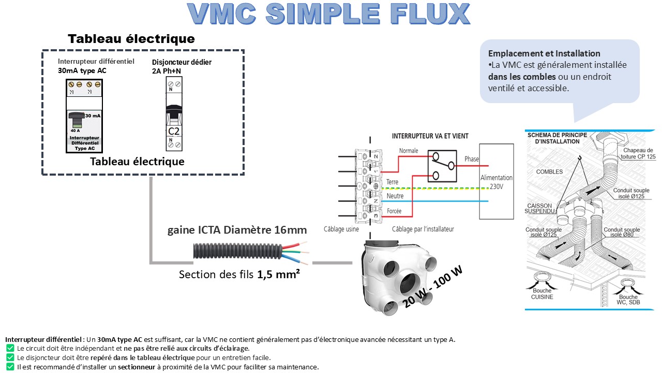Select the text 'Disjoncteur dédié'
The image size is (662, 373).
point(182,62)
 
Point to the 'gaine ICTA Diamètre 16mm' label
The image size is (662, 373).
point(237,230)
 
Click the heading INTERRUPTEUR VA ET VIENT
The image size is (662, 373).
point(430,136)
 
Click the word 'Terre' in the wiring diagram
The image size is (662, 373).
point(392,182)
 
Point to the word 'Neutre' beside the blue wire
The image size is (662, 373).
point(395,197)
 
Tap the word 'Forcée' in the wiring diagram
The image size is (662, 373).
point(394,211)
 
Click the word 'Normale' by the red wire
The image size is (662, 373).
point(408,151)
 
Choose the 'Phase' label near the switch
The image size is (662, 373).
point(472,159)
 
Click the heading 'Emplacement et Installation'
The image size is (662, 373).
point(544,53)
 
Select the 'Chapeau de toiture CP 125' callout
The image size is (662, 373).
point(636,153)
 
